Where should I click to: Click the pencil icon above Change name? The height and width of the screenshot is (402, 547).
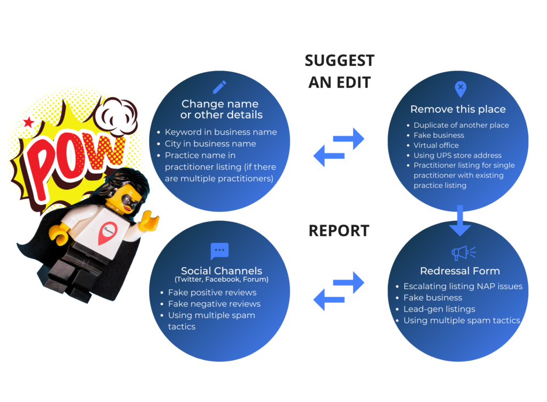pos(219,87)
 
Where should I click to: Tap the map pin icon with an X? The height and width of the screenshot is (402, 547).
pos(460,89)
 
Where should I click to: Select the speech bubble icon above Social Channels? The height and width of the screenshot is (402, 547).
pos(220,251)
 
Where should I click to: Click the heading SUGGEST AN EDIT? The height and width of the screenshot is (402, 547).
pos(339,71)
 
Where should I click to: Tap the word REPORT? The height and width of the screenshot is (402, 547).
pos(339,230)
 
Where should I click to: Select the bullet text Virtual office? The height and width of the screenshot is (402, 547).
pos(436,145)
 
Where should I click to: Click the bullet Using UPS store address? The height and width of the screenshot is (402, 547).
pos(457,156)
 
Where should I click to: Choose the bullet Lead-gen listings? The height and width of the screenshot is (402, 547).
pos(439,309)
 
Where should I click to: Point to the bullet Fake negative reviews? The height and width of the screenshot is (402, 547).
pos(214,304)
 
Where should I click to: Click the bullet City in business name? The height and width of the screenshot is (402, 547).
pos(210,144)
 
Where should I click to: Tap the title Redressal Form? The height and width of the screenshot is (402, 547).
pos(459,271)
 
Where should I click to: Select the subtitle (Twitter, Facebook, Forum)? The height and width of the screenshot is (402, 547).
pos(221,280)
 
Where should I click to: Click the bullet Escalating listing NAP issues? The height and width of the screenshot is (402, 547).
pos(463,287)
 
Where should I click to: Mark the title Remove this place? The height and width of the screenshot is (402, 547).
pos(457,110)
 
